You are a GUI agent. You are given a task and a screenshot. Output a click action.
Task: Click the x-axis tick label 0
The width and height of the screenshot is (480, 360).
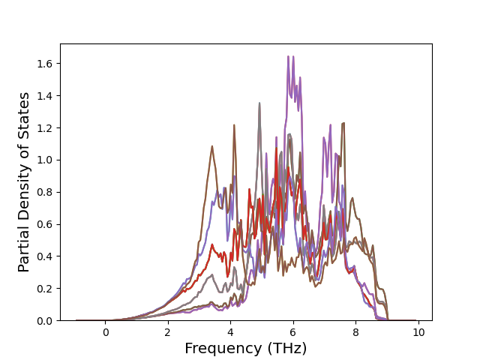[106, 331]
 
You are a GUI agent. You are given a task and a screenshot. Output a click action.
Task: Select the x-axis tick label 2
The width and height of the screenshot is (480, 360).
[168, 331]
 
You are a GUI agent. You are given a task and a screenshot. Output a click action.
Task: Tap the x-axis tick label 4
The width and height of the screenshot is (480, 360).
[231, 331]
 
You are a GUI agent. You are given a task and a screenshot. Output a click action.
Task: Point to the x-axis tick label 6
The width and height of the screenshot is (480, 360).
[293, 331]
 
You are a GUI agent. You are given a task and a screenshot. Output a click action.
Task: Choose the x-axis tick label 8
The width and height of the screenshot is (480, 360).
[355, 331]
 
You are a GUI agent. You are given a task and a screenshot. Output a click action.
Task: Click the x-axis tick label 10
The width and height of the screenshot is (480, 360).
[418, 331]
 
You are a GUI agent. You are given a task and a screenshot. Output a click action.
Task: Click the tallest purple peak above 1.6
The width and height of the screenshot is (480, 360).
[288, 57]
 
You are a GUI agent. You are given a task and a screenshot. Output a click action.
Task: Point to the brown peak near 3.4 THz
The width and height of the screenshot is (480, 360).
[212, 146]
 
